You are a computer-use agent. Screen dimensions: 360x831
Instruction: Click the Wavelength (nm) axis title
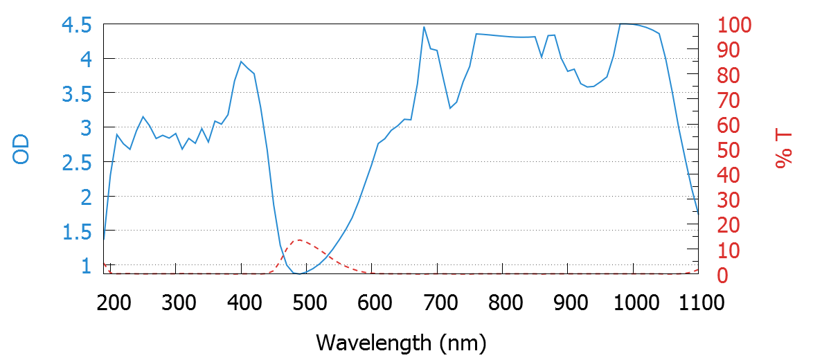401,342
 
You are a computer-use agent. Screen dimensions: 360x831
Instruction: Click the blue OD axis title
22,149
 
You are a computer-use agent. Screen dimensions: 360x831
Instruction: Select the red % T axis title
783,150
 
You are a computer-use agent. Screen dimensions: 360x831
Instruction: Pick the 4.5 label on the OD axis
77,26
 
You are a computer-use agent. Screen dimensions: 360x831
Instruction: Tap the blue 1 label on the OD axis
87,267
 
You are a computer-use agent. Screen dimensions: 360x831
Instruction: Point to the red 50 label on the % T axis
729,150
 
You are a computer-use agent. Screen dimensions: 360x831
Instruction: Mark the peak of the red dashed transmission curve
299,240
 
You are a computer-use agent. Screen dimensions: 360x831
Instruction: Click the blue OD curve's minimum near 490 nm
298,274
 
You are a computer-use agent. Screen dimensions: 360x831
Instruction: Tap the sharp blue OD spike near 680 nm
424,27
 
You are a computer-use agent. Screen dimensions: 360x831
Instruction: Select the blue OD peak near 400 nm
241,62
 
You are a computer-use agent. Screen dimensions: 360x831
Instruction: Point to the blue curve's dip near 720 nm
450,108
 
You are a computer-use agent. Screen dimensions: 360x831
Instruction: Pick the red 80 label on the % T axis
729,75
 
